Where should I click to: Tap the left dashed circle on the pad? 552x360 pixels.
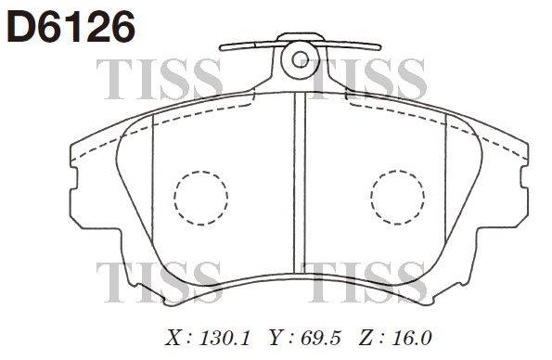[x=200, y=198]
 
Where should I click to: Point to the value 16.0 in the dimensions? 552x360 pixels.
[x=409, y=337]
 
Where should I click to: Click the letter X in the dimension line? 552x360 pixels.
[x=172, y=337]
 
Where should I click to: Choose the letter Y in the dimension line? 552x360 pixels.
[x=276, y=337]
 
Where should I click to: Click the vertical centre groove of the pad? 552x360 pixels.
[x=300, y=186]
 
